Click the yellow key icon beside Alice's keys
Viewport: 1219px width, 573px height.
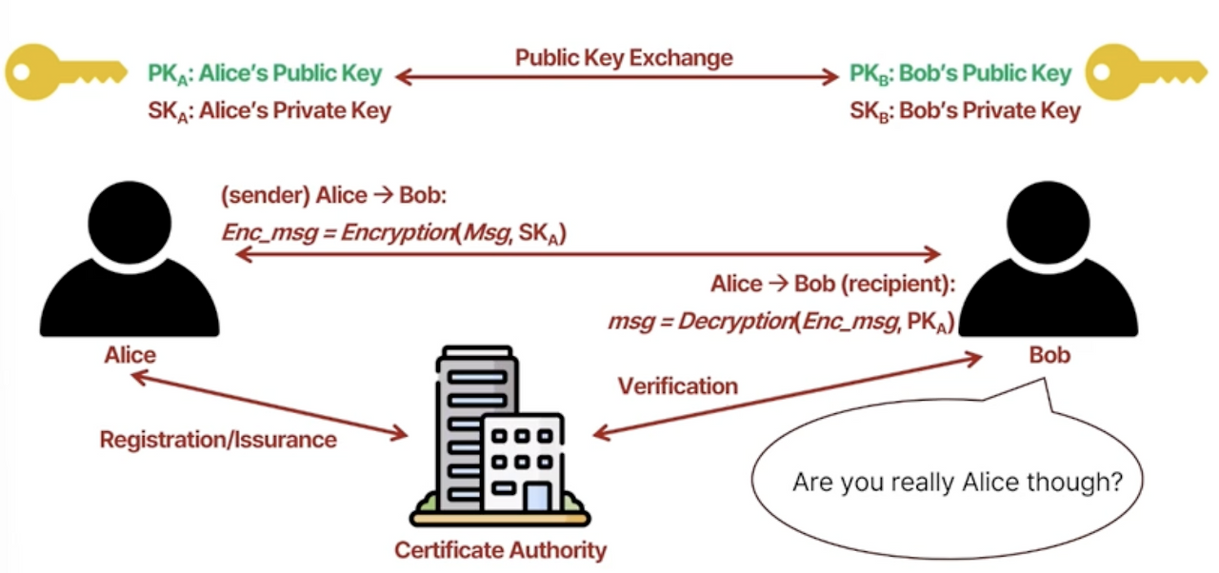pyautogui.click(x=64, y=71)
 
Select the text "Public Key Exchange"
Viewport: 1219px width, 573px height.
pyautogui.click(x=624, y=58)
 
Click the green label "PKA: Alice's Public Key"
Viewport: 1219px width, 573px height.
pyautogui.click(x=265, y=74)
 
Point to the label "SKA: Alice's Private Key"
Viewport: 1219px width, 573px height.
pyautogui.click(x=270, y=111)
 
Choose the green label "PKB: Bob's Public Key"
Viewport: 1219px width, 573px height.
pyautogui.click(x=960, y=74)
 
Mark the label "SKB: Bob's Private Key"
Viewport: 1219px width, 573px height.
pyautogui.click(x=965, y=111)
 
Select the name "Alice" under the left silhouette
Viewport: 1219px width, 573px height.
pyautogui.click(x=130, y=356)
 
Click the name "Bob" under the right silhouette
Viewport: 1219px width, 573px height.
pyautogui.click(x=1049, y=356)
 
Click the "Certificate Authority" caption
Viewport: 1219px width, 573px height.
pyautogui.click(x=500, y=550)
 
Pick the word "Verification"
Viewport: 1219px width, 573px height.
pyautogui.click(x=677, y=386)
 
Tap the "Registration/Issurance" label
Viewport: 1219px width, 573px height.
pyautogui.click(x=218, y=440)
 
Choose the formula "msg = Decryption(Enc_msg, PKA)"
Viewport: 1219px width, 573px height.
pyautogui.click(x=781, y=322)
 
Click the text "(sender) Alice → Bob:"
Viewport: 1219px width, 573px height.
pyautogui.click(x=333, y=196)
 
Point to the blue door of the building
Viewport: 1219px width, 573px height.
pyautogui.click(x=537, y=497)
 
